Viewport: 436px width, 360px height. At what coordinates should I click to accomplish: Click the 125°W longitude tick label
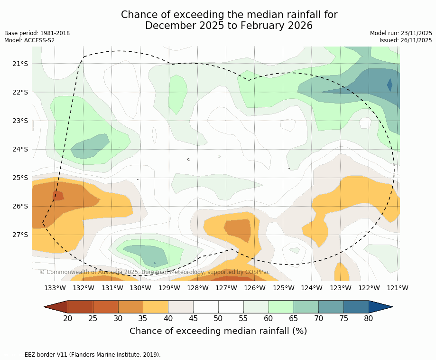tap(283, 288)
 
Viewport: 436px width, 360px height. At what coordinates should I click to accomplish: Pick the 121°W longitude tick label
tap(398, 288)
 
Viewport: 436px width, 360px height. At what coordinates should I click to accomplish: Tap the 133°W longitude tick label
tap(55, 288)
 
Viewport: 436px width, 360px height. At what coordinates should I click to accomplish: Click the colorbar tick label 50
tap(218, 318)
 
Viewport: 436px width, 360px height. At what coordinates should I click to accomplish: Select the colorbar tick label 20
tap(68, 318)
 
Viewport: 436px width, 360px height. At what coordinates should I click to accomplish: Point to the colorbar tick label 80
tap(369, 318)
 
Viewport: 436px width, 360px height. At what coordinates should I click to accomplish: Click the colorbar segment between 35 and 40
tap(156, 307)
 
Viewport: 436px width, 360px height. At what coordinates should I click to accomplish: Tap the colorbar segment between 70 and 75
tap(331, 307)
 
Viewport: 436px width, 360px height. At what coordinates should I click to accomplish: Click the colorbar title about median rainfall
tap(218, 331)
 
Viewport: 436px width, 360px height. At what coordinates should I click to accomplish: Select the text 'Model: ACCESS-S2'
tap(29, 40)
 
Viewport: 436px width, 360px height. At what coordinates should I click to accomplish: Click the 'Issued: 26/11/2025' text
tap(406, 40)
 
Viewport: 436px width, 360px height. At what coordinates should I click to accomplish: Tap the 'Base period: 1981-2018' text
tap(37, 33)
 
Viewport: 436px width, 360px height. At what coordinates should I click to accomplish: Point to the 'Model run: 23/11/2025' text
tap(401, 33)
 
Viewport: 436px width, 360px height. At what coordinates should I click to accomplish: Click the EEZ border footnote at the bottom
tap(83, 354)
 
